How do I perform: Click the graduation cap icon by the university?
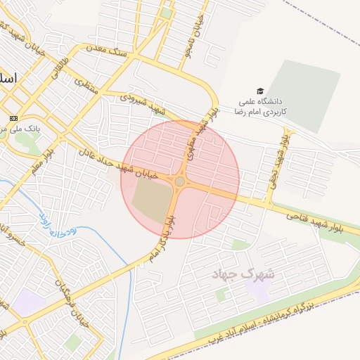(260, 91)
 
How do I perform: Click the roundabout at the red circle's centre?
(180, 181)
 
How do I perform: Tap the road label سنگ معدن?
(105, 50)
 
